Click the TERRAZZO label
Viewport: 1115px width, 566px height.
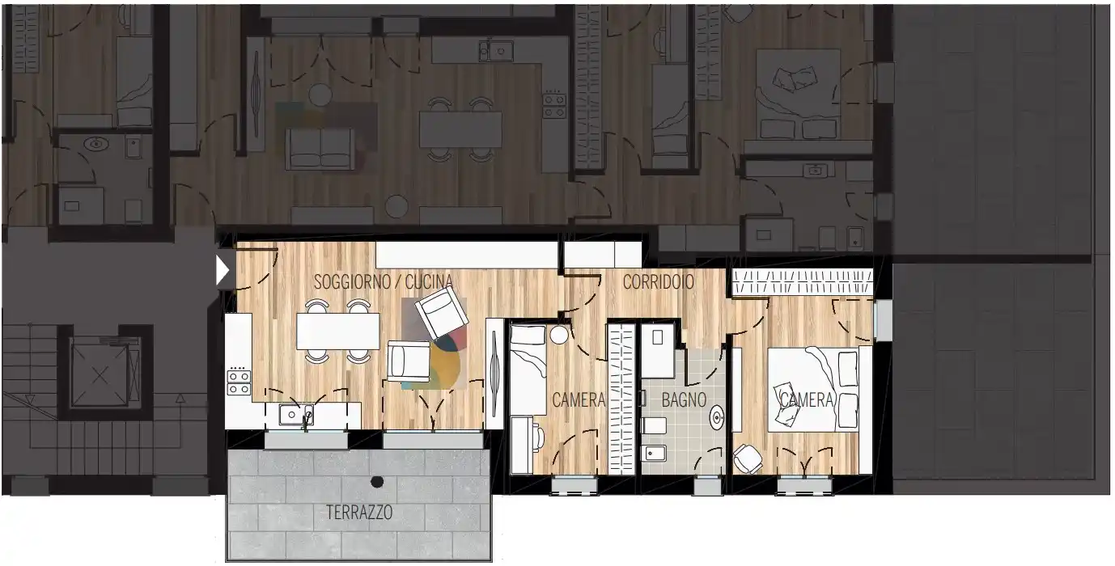click(x=359, y=513)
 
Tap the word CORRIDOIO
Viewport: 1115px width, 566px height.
click(x=658, y=282)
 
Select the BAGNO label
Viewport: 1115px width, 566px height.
click(x=684, y=400)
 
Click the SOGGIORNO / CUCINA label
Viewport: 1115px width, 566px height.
click(x=384, y=282)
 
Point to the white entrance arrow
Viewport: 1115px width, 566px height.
click(x=222, y=272)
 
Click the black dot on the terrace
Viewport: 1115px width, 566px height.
click(x=377, y=481)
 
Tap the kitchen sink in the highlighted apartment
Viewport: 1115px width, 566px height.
click(x=295, y=416)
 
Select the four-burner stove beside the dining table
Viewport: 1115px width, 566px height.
click(x=239, y=382)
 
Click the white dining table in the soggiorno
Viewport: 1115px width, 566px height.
click(x=338, y=332)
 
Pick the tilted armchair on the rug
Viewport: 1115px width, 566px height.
click(x=440, y=313)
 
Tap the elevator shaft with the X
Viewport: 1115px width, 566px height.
click(x=100, y=376)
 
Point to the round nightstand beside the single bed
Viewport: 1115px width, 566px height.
click(x=559, y=335)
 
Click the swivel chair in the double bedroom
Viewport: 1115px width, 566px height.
click(x=748, y=458)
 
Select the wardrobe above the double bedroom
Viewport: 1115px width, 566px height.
click(x=803, y=282)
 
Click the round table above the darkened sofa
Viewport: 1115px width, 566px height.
click(x=320, y=95)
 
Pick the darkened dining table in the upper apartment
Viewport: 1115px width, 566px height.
click(x=460, y=129)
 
